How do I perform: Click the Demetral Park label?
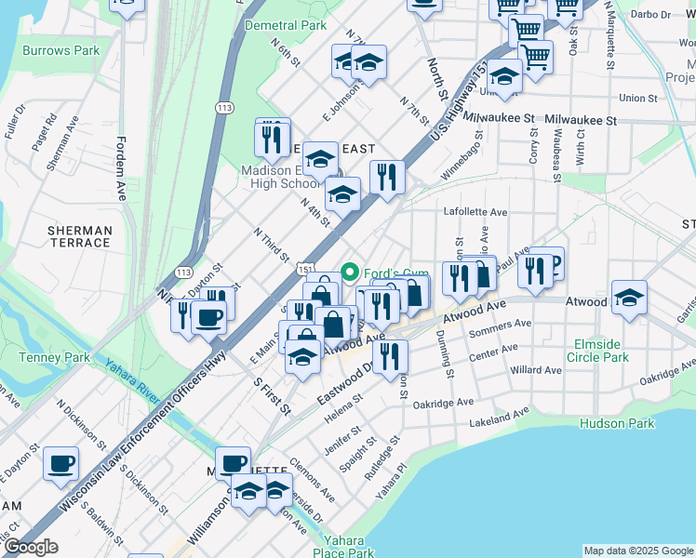(x=286, y=26)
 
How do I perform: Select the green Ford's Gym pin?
(x=350, y=272)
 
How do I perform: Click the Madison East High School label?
(x=282, y=177)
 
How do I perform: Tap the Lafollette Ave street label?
(x=475, y=212)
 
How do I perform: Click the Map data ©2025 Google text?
(x=637, y=551)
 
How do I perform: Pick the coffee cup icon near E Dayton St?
(x=61, y=463)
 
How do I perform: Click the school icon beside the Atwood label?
(x=630, y=299)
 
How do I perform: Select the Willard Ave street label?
(x=536, y=370)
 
